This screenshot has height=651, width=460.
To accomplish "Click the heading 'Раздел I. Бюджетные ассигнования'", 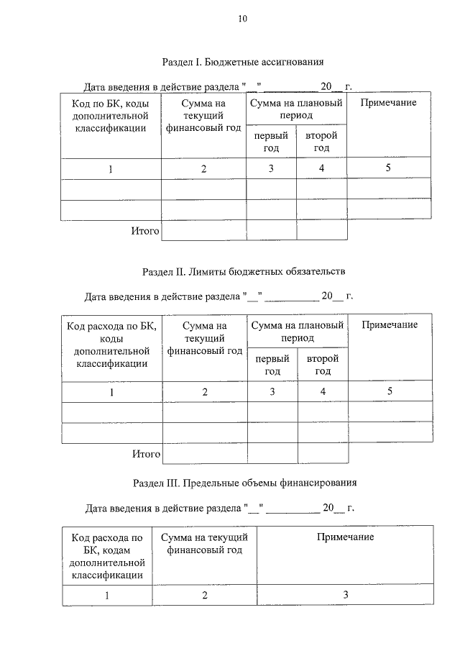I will [x=243, y=62].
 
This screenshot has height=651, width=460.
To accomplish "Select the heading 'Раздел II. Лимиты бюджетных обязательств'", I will [x=244, y=272].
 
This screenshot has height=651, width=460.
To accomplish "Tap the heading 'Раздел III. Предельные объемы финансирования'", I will [x=245, y=483].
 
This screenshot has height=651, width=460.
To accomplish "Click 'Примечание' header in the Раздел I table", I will [x=388, y=103].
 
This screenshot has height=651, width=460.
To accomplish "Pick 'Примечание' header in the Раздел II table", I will [x=390, y=325].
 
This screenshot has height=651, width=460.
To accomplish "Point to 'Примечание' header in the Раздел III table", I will [x=345, y=537].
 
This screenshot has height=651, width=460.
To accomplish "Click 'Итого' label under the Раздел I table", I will [x=144, y=230].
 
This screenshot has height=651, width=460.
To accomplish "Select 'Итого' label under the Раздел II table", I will [x=146, y=454].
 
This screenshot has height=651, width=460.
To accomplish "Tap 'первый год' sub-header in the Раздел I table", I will [x=271, y=142].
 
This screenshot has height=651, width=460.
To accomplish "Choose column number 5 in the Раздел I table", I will [x=388, y=168].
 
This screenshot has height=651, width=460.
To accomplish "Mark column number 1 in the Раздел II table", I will [x=111, y=392].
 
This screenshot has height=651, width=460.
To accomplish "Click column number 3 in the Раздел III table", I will [x=345, y=595].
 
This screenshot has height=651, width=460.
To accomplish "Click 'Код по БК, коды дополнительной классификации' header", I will [x=110, y=116].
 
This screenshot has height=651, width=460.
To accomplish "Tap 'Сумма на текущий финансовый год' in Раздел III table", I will [x=204, y=544].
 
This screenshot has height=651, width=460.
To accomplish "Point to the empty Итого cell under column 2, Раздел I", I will [x=203, y=230].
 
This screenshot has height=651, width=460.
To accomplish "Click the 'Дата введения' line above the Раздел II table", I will [x=219, y=296].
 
